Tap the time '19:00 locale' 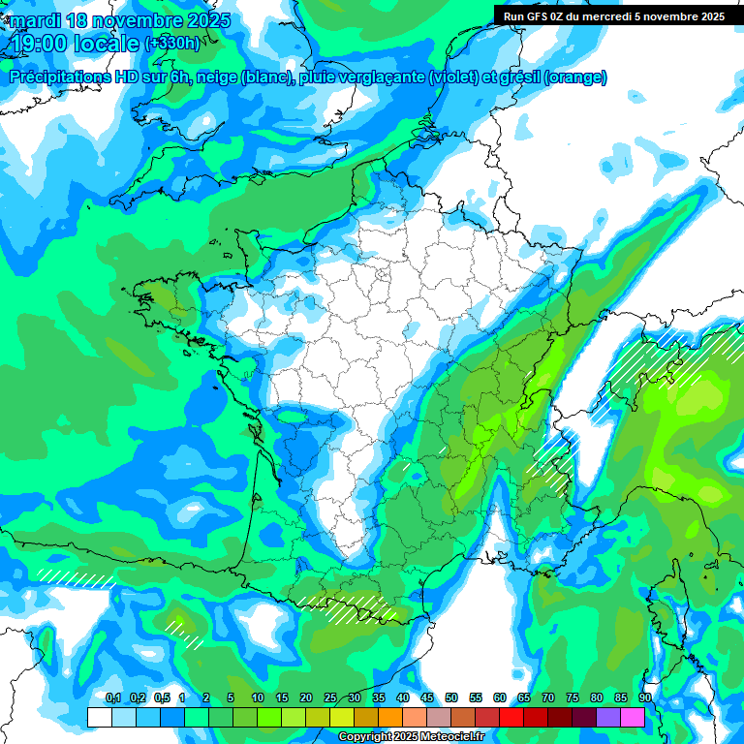click(76, 43)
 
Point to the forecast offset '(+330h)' click(172, 44)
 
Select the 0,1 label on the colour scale click(112, 697)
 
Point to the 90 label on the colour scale click(644, 697)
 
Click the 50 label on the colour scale click(451, 697)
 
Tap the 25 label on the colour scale click(330, 697)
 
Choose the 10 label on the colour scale click(258, 697)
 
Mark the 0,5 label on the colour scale click(161, 697)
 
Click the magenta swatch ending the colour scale click(633, 717)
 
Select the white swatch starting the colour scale click(100, 717)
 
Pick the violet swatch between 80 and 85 click(608, 717)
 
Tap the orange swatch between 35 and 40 click(390, 717)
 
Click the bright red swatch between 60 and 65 click(511, 717)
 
